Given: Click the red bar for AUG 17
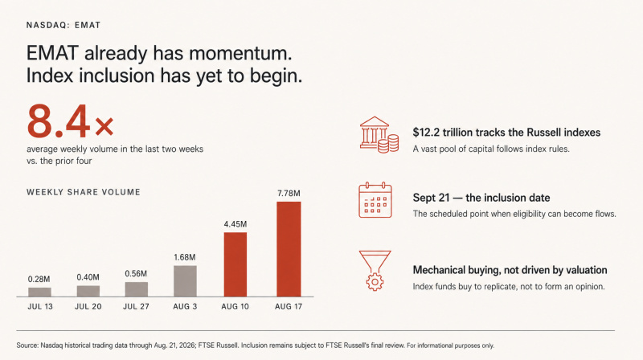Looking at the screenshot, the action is coord(289,249).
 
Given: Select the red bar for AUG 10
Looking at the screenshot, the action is coord(235,264).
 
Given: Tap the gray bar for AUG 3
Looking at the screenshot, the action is coord(185,281).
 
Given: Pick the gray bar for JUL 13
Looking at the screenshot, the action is coord(39,292).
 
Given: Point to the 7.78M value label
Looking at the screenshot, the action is coord(289,193).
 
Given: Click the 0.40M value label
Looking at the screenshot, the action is coord(88,277).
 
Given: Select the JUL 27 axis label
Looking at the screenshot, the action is coord(136,306).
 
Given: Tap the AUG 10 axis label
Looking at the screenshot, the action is coord(235,306).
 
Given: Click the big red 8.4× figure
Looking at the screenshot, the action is coord(70,121).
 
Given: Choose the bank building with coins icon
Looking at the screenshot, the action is coord(379,135).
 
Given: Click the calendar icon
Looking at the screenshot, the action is coord(375,200).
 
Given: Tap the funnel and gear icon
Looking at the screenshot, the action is coord(375,271).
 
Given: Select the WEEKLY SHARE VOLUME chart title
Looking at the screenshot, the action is coord(84,192).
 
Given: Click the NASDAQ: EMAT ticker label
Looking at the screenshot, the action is coord(63,25).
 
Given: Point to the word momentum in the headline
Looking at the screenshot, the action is coord(240,53).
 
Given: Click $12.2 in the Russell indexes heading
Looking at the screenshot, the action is coord(426,133).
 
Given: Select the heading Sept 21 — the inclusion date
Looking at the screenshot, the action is coord(481,198).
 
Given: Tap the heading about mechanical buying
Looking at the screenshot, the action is coord(510,270).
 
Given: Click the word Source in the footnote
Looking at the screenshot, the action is coord(27,346).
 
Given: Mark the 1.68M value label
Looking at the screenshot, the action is coord(185,257).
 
